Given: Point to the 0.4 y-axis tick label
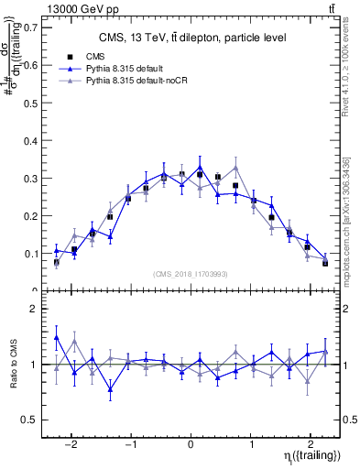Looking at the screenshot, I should [x=31, y=140].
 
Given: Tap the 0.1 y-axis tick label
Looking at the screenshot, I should [x=31, y=253].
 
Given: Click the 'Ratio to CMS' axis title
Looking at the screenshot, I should [x=14, y=365].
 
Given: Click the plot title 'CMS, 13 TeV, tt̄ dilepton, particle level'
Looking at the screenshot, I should [x=192, y=38].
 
